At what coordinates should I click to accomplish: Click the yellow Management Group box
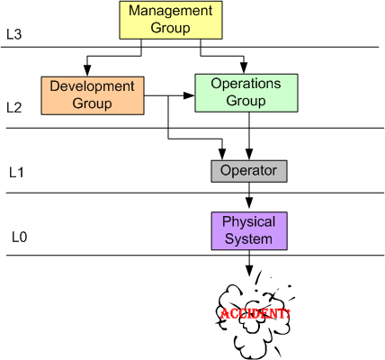[x=172, y=20]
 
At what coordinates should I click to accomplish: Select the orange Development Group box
[x=92, y=95]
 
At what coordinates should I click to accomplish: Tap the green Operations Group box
[x=246, y=93]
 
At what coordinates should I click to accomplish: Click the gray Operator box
[x=248, y=169]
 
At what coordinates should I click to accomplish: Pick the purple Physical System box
[x=247, y=230]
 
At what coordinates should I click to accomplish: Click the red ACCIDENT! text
[x=255, y=314]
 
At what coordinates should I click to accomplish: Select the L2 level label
[x=14, y=107]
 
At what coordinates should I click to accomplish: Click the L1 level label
[x=16, y=170]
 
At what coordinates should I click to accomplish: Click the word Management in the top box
[x=172, y=12]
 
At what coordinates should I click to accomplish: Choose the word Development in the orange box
[x=92, y=87]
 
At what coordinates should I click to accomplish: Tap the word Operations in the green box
[x=246, y=85]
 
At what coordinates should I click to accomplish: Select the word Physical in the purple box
[x=247, y=221]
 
